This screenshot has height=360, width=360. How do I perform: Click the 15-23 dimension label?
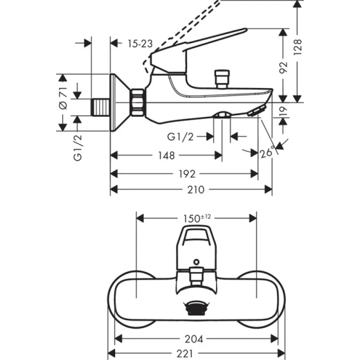140,44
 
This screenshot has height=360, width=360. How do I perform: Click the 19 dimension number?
283,110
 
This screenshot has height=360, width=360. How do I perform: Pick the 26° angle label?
267,152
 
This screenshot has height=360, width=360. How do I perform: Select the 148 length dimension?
166,155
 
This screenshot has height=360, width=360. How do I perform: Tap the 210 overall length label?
191,190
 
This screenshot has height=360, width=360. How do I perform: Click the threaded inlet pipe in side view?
101,107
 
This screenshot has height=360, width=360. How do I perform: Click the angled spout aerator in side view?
255,111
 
